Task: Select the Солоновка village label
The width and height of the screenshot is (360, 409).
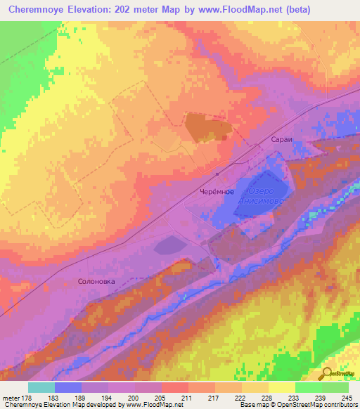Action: (92, 281)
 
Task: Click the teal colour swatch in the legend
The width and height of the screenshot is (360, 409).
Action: (41, 387)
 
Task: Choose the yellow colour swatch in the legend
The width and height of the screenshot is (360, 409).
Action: (281, 387)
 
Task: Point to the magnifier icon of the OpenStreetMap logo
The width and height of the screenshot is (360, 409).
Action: (325, 374)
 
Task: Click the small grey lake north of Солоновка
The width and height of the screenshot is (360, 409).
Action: (167, 245)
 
